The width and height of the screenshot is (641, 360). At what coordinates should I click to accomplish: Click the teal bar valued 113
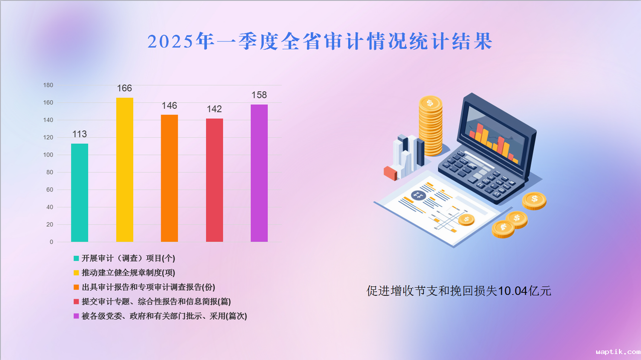click(x=79, y=193)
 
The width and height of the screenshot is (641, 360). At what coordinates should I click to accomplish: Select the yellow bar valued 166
click(x=125, y=170)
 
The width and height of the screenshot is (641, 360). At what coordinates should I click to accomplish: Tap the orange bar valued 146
click(x=170, y=179)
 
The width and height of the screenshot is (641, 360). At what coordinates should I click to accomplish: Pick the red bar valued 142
click(x=214, y=180)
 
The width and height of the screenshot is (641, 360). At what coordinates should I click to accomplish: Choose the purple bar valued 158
click(x=259, y=174)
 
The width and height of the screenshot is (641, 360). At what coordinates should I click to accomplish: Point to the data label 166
click(x=125, y=88)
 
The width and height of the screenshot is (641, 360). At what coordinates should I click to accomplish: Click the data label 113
click(x=79, y=134)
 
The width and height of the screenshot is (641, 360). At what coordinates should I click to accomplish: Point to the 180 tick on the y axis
click(x=48, y=85)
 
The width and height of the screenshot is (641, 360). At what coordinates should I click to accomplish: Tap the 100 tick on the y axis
click(x=48, y=155)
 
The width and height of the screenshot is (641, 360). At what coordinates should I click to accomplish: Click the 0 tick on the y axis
click(x=51, y=242)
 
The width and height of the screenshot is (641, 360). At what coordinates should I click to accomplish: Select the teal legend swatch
click(x=76, y=258)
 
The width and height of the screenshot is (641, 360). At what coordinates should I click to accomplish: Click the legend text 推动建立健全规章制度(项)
click(x=128, y=273)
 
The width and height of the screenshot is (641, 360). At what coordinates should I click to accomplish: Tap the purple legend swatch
click(x=76, y=316)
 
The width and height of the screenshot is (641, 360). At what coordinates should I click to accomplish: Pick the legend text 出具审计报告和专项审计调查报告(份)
click(x=148, y=287)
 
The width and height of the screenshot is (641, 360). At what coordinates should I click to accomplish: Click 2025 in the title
click(x=171, y=41)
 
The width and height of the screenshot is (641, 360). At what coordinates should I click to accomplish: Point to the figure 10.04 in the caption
click(x=512, y=291)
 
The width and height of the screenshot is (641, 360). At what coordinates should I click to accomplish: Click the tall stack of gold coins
click(x=430, y=126)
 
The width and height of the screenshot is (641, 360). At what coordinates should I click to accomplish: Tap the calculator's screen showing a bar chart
click(x=494, y=135)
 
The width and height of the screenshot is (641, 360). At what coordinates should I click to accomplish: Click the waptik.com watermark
click(x=618, y=352)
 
